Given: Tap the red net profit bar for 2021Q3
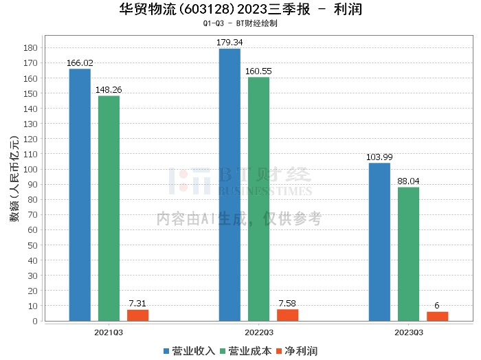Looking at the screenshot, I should click(x=137, y=315).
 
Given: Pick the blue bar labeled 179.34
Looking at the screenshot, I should click(x=230, y=185).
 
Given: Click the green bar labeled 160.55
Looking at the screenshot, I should click(x=258, y=199).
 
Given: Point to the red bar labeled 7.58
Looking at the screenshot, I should click(x=287, y=315).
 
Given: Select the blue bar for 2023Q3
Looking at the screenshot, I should click(x=379, y=242).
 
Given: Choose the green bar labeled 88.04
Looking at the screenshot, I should click(x=408, y=254).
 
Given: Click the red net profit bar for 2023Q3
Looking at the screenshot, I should click(x=437, y=316).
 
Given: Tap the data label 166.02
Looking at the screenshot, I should click(x=80, y=63).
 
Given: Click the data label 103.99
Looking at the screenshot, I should click(x=379, y=157).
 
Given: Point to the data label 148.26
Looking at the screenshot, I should click(x=109, y=90).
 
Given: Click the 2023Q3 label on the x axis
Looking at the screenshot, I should click(x=408, y=332).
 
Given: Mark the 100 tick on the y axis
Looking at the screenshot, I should click(x=30, y=169).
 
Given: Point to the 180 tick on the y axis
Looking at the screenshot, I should click(x=30, y=47).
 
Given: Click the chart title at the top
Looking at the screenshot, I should click(x=240, y=9).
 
